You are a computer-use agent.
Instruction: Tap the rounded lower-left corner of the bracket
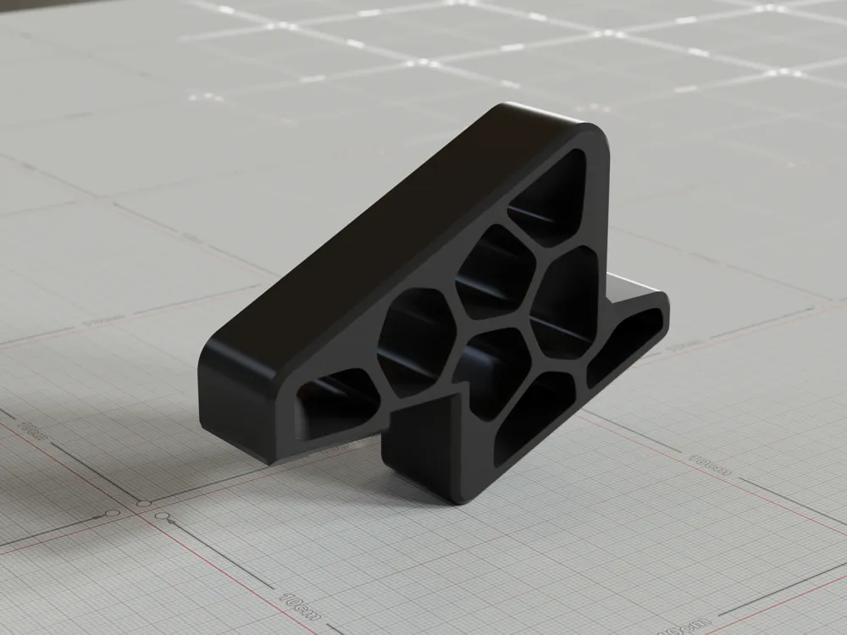point(208,398)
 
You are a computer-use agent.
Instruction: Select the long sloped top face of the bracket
point(356,246)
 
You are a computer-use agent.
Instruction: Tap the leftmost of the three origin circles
point(111,516)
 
